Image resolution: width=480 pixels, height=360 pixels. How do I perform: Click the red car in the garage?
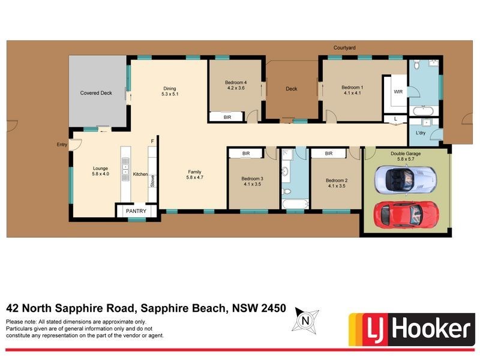click(x=406, y=214)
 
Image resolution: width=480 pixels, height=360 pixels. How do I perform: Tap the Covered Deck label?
click(x=96, y=93)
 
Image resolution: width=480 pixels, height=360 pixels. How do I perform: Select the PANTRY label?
click(x=136, y=212)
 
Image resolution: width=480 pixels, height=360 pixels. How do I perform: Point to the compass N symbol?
click(x=306, y=321)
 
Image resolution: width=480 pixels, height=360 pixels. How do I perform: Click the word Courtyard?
click(x=345, y=47)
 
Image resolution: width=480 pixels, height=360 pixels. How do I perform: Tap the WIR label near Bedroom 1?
click(x=398, y=92)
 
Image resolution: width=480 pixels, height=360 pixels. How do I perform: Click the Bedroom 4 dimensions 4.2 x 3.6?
click(x=236, y=88)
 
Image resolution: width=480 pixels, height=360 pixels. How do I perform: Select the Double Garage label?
click(x=405, y=154)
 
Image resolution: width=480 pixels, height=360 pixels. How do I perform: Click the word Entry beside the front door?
click(x=62, y=145)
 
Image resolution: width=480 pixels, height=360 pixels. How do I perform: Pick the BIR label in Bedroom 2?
click(x=328, y=154)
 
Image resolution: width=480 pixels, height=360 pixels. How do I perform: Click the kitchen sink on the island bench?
click(x=125, y=169)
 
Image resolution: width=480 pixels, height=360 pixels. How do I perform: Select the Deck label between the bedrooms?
click(x=291, y=89)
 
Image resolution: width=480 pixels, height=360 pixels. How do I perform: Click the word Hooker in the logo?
click(x=430, y=329)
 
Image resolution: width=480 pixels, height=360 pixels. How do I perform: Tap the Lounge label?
click(x=100, y=169)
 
